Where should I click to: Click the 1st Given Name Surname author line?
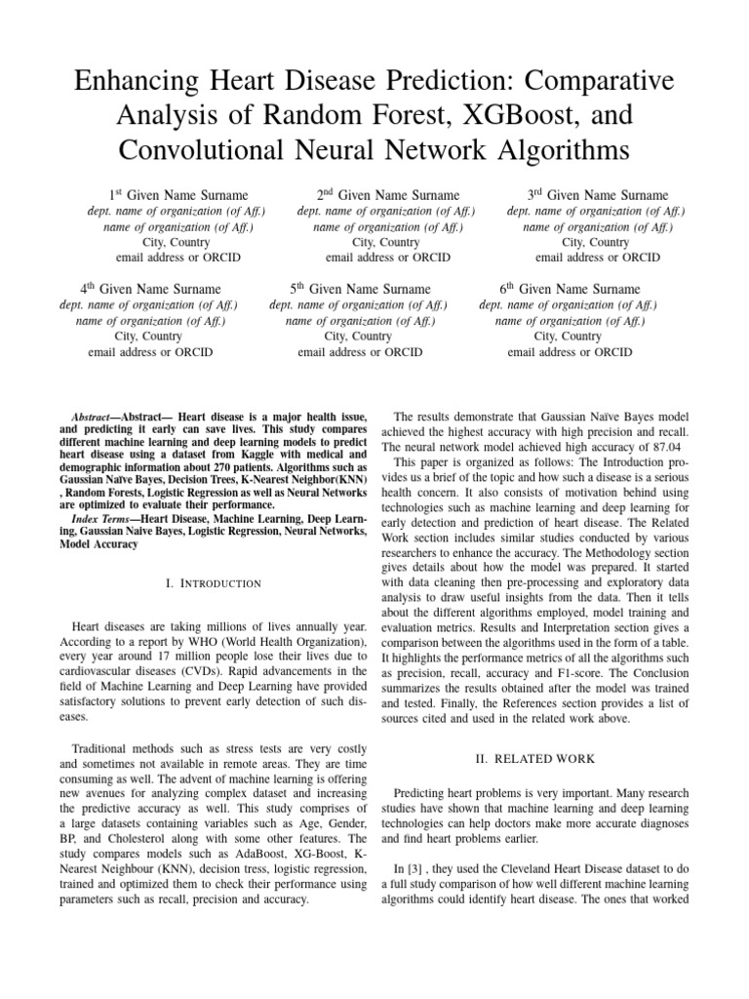pyautogui.click(x=177, y=195)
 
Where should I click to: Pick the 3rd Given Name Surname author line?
pyautogui.click(x=598, y=195)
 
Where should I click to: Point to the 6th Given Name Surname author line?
pyautogui.click(x=570, y=289)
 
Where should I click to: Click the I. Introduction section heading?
pyautogui.click(x=214, y=583)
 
